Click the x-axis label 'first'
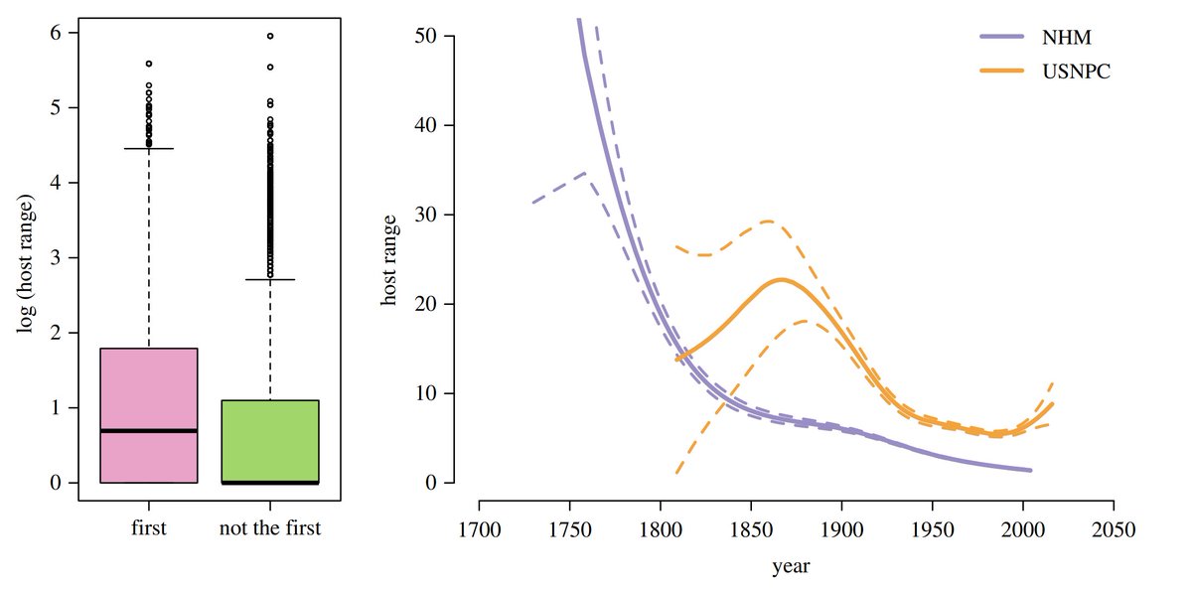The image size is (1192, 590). [x=149, y=528]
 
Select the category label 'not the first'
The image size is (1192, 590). [x=270, y=528]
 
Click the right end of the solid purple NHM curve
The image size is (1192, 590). [x=1030, y=470]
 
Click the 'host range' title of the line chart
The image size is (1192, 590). [x=390, y=258]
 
